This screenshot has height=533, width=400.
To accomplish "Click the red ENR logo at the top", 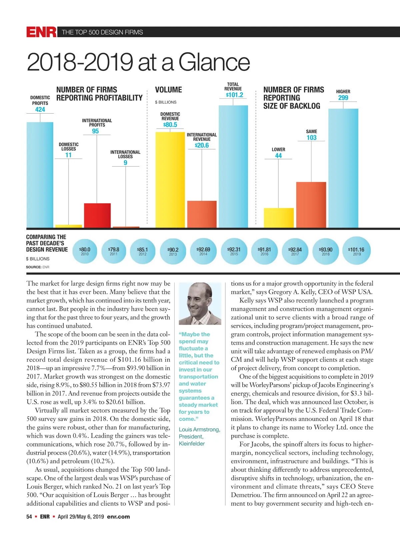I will (41, 32).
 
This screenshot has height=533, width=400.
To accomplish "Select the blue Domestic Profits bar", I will (40, 175).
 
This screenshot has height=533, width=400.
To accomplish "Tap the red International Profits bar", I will (97, 215).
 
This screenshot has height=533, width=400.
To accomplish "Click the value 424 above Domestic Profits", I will (40, 110).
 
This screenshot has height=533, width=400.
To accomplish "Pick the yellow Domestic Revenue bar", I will (170, 180).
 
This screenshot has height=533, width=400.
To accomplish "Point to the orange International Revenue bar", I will (202, 214).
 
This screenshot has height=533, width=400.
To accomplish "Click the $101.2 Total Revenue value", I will (235, 95).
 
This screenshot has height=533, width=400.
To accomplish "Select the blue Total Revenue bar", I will (233, 167).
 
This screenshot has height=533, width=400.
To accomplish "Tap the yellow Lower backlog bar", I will (279, 218).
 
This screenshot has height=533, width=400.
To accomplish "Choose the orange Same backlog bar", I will (311, 205).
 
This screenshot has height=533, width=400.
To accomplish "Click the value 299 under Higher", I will (343, 98).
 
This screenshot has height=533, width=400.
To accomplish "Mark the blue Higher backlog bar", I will (343, 168).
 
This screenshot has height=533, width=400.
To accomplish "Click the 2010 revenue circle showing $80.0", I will (85, 251).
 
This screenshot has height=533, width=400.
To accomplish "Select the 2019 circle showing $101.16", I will (356, 251).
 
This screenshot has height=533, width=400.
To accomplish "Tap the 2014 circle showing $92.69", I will (203, 251).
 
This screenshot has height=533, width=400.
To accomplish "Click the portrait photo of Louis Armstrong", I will (200, 304).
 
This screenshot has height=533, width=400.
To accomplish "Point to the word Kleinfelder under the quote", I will (192, 444).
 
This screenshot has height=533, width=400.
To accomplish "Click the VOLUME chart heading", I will (168, 90).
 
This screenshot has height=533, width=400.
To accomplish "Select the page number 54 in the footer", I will (29, 517).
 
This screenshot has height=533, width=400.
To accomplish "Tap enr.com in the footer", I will (118, 517).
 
